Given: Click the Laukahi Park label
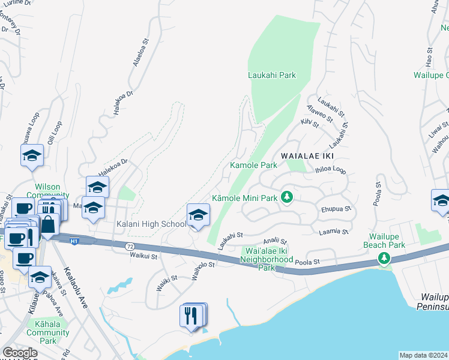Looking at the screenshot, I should pos(272,76).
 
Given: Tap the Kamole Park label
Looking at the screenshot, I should pos(254,165).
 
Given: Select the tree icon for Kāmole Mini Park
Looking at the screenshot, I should pos(288,197).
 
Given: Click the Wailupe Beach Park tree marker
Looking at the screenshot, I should pos(384,258).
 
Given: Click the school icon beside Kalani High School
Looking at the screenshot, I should pos(198,215).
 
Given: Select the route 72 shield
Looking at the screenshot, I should pos(130,247).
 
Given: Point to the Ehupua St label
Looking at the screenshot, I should pos(334,210).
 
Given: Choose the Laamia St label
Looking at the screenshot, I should pos(334,231).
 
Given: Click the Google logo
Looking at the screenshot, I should pos(20,353).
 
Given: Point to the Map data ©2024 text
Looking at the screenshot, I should pos(423,355).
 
